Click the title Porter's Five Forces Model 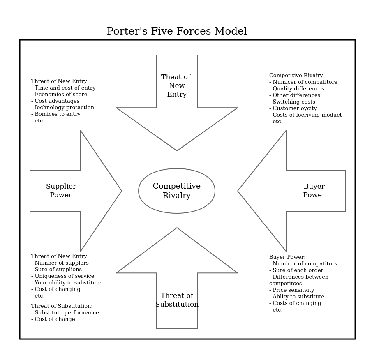[177, 32]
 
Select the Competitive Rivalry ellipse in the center [177, 191]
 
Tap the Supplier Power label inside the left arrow [61, 191]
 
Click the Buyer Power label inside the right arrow [314, 191]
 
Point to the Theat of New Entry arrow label [176, 86]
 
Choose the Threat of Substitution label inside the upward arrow [177, 300]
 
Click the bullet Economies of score [59, 95]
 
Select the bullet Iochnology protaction [62, 108]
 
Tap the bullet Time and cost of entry [63, 88]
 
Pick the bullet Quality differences [296, 89]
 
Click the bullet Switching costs [292, 102]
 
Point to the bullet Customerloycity [293, 108]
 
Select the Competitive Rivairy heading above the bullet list [296, 76]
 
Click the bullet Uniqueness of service [62, 276]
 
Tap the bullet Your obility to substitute [66, 283]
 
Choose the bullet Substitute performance [65, 313]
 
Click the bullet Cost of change [53, 319]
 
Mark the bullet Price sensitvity [291, 290]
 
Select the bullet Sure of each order [296, 270]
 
